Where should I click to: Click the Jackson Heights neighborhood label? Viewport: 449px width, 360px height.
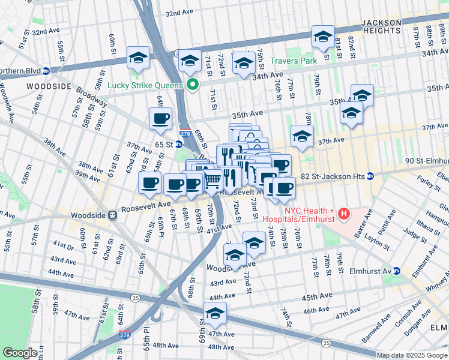point(390,26)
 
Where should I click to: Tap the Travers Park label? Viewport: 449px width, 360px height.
point(292,61)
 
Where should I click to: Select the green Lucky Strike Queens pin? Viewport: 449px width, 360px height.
point(193,85)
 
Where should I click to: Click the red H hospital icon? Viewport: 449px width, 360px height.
point(344,213)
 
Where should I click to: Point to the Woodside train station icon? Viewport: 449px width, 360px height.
point(112,215)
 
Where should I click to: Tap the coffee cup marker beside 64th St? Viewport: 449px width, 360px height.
point(160,119)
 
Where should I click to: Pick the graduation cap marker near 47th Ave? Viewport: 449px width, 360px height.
point(215,313)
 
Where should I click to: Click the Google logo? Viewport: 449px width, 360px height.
point(20,353)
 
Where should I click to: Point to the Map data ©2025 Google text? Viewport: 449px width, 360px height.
point(412,355)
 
